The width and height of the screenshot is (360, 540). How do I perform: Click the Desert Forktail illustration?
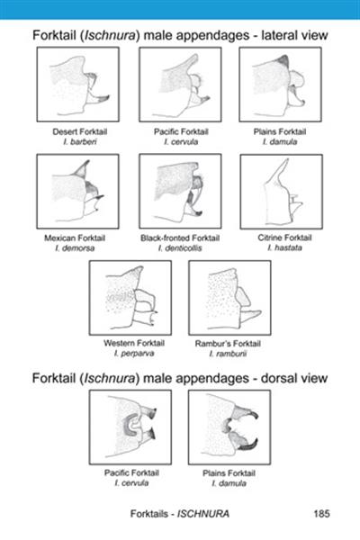coord(78,85)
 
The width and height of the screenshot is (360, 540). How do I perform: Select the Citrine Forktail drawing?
coord(282,192)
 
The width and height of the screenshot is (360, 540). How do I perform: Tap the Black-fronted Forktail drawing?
coord(180,191)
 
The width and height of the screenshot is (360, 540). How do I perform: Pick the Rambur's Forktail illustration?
coord(229,298)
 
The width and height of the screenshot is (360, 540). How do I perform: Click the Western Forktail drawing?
coord(130,298)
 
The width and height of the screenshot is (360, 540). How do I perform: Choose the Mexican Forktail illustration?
coord(78,191)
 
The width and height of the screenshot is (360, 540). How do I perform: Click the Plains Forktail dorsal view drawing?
coord(229,427)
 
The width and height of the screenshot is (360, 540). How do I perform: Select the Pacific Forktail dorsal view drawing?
coord(130,427)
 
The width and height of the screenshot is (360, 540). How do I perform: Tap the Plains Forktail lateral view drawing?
coord(281,85)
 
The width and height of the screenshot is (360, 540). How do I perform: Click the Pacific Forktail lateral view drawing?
coord(180,85)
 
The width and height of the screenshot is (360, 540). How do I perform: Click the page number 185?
coord(322,514)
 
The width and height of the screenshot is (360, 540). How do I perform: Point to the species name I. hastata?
coord(284,247)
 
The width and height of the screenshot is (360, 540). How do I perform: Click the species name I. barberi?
coord(80,141)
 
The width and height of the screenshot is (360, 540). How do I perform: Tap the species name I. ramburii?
coord(228,354)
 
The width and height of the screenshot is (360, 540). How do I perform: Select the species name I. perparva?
coord(134,353)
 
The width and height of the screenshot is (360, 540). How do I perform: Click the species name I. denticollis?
coord(180,248)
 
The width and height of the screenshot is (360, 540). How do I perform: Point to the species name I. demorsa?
coord(75,248)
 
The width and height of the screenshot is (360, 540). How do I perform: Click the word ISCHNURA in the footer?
coord(203,514)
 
